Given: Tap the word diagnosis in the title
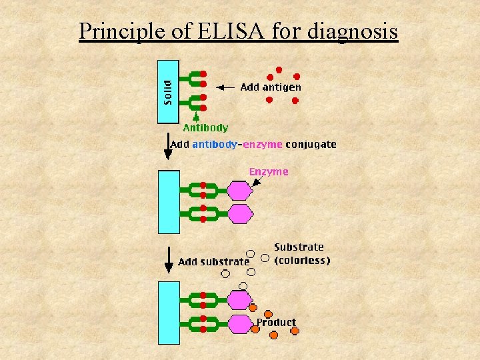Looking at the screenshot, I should pyautogui.click(x=353, y=31).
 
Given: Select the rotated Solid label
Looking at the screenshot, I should pyautogui.click(x=167, y=92).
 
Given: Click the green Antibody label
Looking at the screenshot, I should pyautogui.click(x=205, y=127).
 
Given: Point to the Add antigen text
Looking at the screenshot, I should pyautogui.click(x=270, y=87).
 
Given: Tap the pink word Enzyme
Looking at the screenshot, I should pyautogui.click(x=269, y=171).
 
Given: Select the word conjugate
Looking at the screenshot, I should pyautogui.click(x=311, y=144).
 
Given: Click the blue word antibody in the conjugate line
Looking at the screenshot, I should pyautogui.click(x=215, y=144).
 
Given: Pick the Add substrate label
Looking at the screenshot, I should pyautogui.click(x=213, y=262).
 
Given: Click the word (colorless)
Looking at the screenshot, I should pyautogui.click(x=302, y=261).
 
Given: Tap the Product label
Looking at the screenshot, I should pyautogui.click(x=276, y=322).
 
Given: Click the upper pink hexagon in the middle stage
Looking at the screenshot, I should pyautogui.click(x=239, y=191).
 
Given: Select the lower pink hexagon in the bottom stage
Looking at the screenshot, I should pyautogui.click(x=239, y=324).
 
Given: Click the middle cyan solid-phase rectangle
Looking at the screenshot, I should pyautogui.click(x=169, y=201).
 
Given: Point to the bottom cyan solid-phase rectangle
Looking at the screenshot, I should pyautogui.click(x=169, y=312).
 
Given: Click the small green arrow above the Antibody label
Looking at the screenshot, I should pyautogui.click(x=196, y=116).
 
